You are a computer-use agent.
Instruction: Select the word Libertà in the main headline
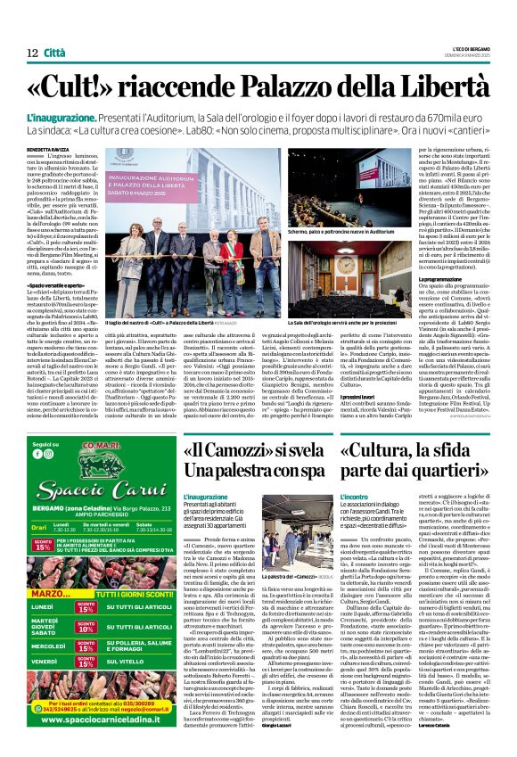[x=435, y=89]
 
